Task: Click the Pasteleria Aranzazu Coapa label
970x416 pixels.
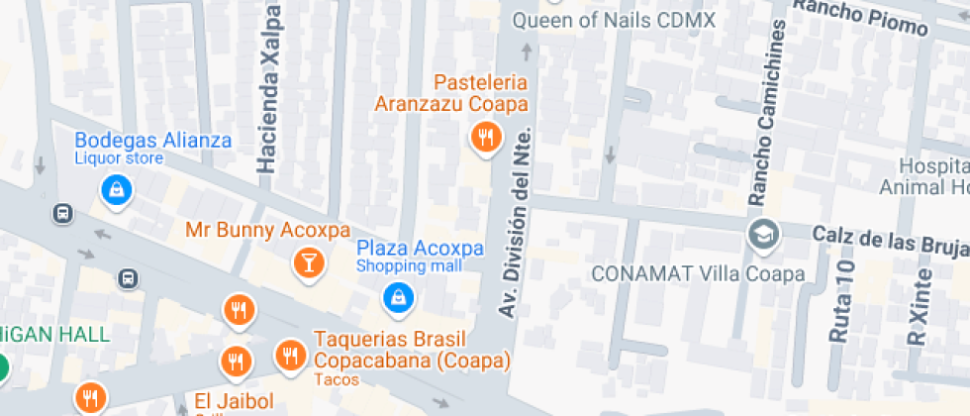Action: coord(450,92)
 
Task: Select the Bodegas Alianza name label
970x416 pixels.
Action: coord(153,140)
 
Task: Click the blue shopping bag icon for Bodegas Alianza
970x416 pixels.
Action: coord(117,189)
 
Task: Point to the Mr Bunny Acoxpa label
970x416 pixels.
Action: coord(267,231)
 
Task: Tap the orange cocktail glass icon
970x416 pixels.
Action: coord(309,262)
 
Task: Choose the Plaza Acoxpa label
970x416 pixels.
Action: coord(420,248)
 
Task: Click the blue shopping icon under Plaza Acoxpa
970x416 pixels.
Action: coord(398,294)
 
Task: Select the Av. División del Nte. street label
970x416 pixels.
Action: coord(516,223)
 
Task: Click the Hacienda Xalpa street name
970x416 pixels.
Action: coord(267,89)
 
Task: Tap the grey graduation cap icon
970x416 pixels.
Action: coord(765,234)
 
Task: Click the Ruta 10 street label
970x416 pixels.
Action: coord(842,297)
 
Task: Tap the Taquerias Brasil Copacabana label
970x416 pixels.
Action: coord(411,349)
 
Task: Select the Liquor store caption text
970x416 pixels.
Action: coord(119,158)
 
